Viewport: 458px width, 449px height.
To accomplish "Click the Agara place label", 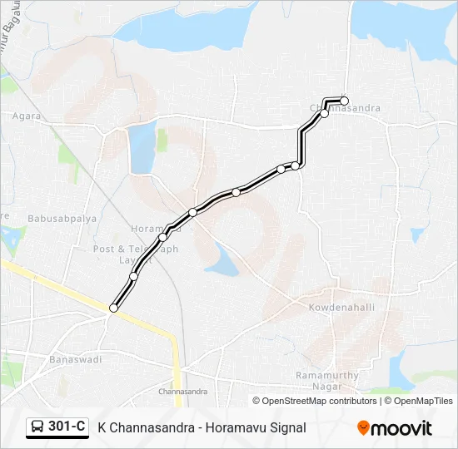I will (x=26, y=116).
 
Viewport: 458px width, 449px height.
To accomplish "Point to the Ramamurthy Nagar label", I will (x=327, y=380).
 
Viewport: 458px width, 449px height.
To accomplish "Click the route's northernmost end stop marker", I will (x=344, y=101).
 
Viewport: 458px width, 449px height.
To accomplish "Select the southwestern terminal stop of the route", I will (x=113, y=308).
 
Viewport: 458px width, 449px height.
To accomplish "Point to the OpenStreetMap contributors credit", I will (x=319, y=401).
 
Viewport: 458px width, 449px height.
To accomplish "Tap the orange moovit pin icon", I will (x=363, y=427).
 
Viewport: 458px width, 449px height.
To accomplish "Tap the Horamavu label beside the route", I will (x=150, y=229).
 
